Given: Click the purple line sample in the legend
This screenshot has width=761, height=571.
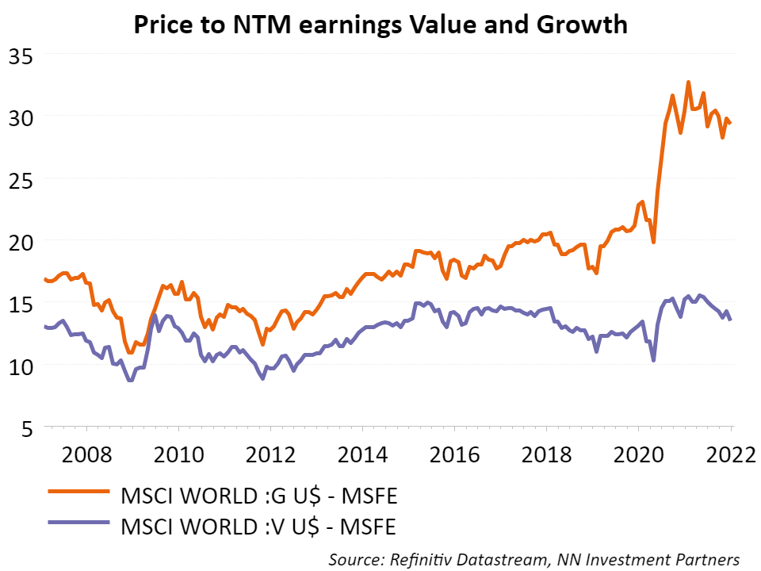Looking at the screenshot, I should pos(77,524).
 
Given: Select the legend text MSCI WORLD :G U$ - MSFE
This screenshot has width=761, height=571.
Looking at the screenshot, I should pos(258,497).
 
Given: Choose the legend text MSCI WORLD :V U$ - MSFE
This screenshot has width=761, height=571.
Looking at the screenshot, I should pos(258,524).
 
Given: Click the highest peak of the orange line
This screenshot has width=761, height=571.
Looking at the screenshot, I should pos(688,82).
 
